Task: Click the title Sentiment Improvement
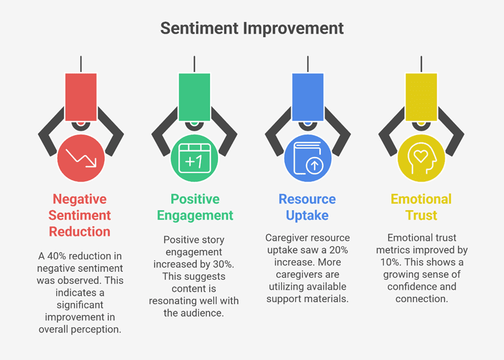click(x=252, y=28)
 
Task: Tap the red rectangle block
click(x=81, y=97)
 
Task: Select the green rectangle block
click(x=194, y=97)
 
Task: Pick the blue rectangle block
click(x=308, y=97)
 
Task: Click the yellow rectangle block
click(x=421, y=97)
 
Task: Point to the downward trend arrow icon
click(x=81, y=158)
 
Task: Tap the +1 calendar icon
click(x=194, y=158)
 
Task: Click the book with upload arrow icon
click(x=308, y=158)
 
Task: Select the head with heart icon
click(x=422, y=158)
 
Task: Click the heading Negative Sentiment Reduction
click(x=79, y=215)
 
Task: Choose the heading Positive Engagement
click(x=195, y=207)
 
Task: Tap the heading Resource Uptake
click(x=307, y=207)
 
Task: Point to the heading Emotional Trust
click(x=422, y=207)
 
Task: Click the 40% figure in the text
click(x=57, y=256)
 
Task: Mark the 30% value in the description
click(x=224, y=264)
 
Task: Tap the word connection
click(x=422, y=299)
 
